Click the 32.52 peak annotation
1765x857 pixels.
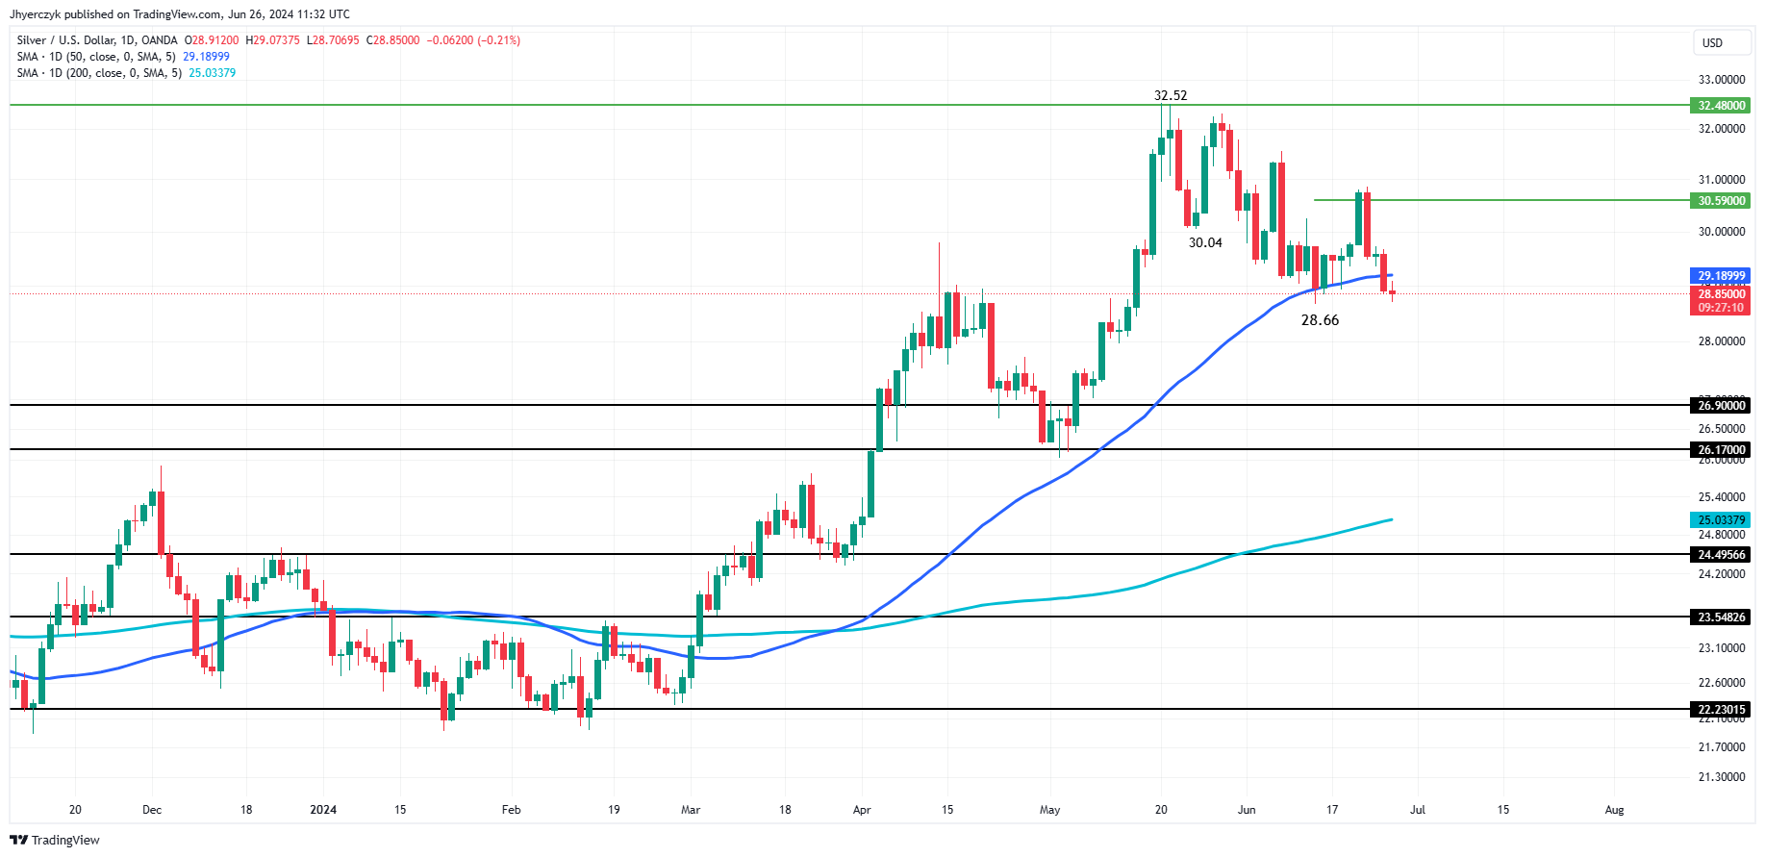1170,95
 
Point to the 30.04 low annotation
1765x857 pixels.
1204,242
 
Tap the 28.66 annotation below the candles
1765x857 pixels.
1319,320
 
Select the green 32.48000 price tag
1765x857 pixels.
1721,106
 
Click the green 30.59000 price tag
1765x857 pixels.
1721,201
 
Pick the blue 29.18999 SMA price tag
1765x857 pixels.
1721,276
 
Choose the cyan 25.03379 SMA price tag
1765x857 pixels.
1721,520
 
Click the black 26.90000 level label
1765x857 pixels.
1721,406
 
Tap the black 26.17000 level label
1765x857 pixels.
1721,450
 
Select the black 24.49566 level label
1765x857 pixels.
1721,555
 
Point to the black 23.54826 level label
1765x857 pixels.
1721,618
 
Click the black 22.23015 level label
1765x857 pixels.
1721,710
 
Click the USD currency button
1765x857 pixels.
1712,42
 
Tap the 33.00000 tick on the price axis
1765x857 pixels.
1721,80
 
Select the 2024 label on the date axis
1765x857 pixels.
323,810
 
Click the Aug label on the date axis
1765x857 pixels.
1614,810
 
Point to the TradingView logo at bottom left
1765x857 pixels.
55,840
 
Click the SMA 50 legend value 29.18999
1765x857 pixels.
206,57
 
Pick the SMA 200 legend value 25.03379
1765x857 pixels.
212,73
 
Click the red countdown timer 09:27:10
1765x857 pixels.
1721,308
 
